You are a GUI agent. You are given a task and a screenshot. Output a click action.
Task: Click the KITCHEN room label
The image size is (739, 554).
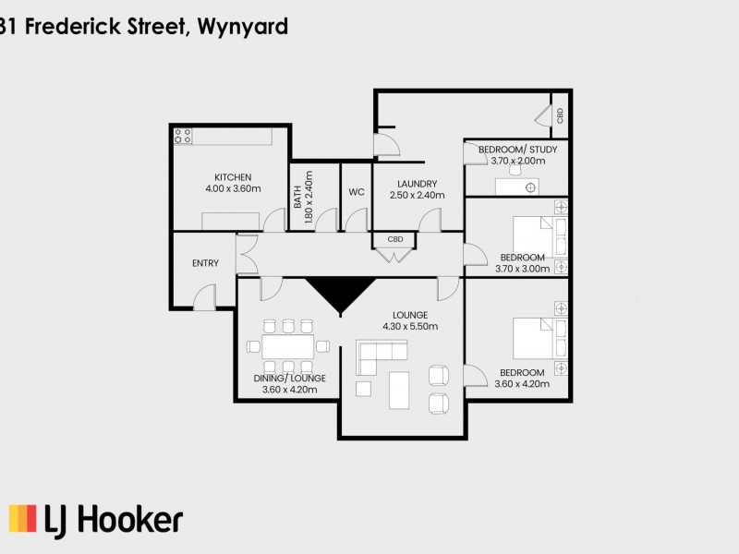[x=233, y=177]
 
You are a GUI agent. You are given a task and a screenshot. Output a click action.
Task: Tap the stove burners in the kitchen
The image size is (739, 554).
[x=183, y=136]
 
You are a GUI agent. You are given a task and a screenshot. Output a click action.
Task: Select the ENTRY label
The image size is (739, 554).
[x=205, y=263]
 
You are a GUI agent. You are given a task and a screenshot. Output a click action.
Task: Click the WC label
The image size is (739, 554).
[x=357, y=192]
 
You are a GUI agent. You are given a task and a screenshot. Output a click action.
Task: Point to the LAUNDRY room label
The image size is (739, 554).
[x=418, y=184]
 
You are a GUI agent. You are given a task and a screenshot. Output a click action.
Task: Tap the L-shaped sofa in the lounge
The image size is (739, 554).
[x=381, y=353]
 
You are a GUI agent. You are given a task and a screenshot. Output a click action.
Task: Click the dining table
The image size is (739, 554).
[x=288, y=347]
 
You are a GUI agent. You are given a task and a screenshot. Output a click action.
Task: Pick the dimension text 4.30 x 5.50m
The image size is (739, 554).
[x=410, y=326]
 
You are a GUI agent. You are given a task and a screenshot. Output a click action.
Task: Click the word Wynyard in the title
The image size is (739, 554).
[x=243, y=26]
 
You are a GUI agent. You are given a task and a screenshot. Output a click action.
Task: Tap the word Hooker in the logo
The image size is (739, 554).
[x=132, y=519]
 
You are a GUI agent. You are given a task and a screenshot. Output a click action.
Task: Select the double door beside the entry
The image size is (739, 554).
[x=246, y=255]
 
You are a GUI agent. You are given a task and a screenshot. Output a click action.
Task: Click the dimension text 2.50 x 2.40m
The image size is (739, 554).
[x=418, y=195]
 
